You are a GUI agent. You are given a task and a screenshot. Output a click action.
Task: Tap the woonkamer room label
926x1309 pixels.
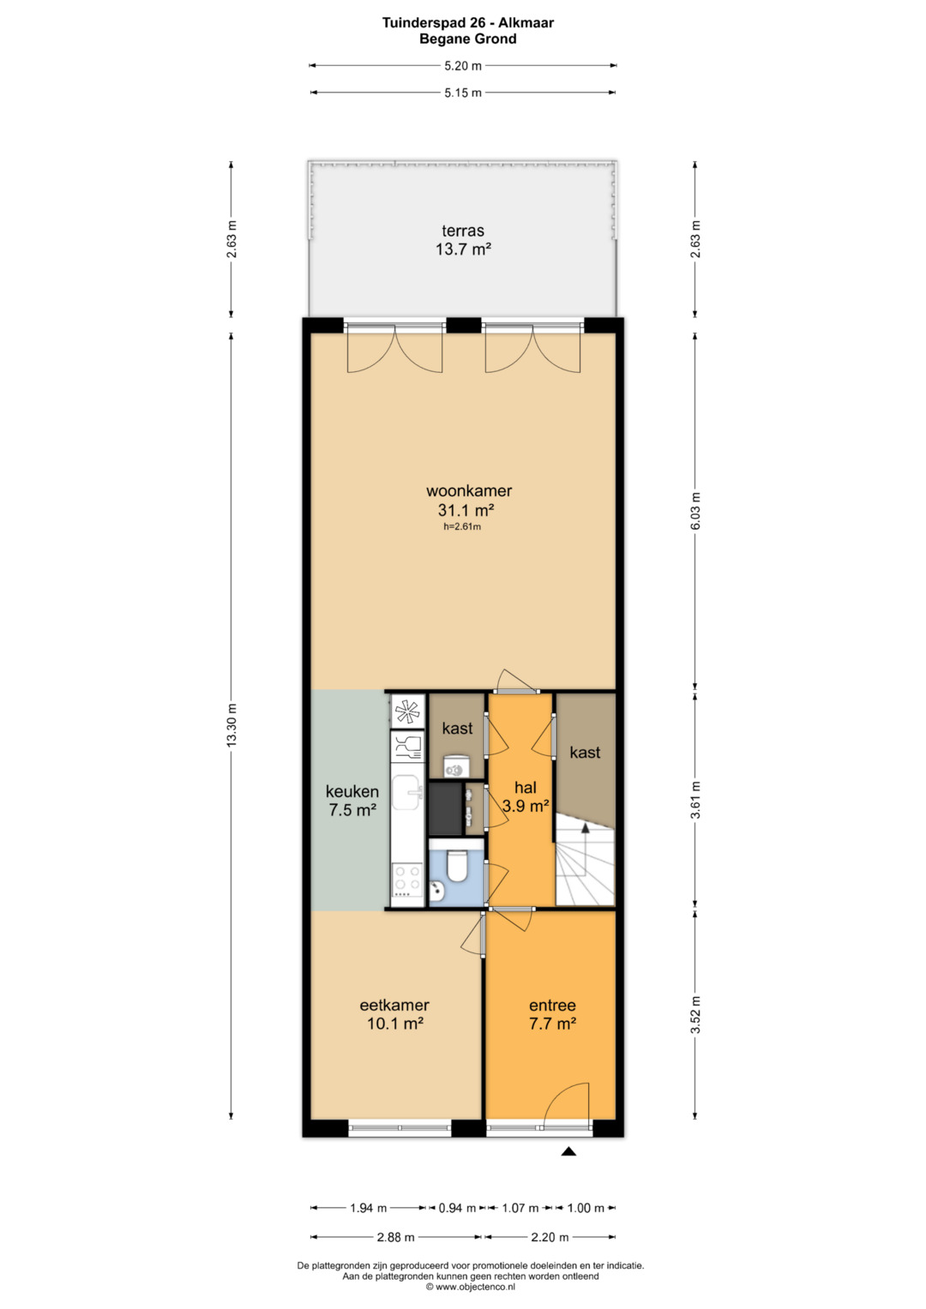[x=469, y=491]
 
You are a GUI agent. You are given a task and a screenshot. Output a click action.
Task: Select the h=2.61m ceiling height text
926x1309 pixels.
[x=462, y=526]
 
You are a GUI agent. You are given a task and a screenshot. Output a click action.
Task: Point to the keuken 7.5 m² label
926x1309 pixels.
[x=352, y=801]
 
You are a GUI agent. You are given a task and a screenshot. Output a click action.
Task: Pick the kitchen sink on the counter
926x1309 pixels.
[x=407, y=792]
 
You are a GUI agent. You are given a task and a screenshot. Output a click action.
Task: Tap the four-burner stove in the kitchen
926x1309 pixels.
[x=407, y=880]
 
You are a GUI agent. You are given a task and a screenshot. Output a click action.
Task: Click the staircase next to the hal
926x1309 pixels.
[x=585, y=860]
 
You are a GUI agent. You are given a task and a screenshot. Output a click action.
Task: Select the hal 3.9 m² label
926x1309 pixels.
[x=526, y=796]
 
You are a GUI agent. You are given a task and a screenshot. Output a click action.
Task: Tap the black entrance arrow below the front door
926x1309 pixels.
[x=568, y=1151]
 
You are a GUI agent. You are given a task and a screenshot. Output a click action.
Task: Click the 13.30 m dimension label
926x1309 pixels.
[x=231, y=724]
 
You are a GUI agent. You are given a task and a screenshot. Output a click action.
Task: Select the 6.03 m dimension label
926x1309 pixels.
[x=695, y=511]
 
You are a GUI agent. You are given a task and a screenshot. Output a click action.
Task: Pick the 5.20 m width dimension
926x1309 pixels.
[x=463, y=66]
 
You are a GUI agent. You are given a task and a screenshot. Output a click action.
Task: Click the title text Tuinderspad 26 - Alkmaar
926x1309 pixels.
[x=468, y=23]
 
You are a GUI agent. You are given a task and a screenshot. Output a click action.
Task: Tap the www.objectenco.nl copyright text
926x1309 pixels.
[x=471, y=1286]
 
